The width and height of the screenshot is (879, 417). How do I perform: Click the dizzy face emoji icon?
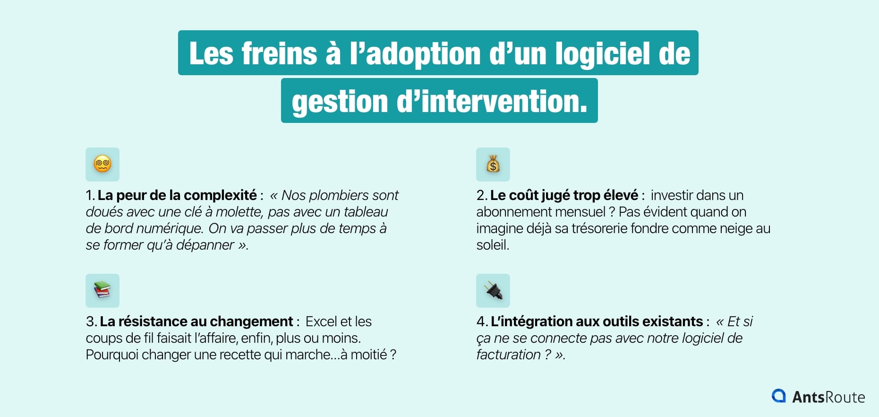click(102, 165)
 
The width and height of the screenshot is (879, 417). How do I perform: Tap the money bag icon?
click(493, 165)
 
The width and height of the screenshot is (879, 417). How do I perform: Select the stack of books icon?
click(102, 290)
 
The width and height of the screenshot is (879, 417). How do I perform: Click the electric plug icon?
click(493, 290)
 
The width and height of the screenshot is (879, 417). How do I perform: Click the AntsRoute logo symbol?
click(778, 396)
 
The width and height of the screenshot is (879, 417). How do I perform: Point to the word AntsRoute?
click(828, 397)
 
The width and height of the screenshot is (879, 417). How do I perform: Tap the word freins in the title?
click(280, 53)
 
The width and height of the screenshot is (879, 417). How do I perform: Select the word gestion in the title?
click(340, 102)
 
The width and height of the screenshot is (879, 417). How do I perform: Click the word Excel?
click(321, 321)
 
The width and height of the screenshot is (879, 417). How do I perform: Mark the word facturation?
click(508, 355)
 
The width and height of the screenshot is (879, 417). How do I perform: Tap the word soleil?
click(492, 245)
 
